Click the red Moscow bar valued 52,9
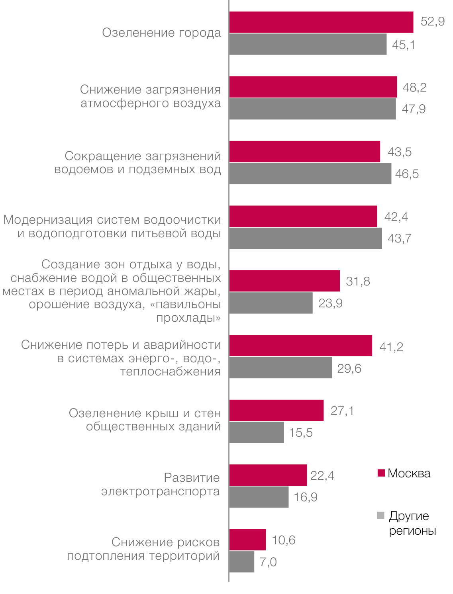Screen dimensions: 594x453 321,22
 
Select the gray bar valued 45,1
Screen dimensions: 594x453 308,44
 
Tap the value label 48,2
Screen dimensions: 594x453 414,87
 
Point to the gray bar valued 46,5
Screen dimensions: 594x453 310,174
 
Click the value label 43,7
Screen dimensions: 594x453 399,238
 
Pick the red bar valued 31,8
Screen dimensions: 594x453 284,281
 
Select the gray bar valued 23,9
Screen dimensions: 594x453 271,303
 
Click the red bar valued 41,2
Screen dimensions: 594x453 300,346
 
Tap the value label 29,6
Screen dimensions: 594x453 349,368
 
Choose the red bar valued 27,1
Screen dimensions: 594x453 277,410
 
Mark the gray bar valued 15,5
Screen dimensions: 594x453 257,432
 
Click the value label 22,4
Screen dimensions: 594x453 322,475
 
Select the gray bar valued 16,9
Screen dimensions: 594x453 259,497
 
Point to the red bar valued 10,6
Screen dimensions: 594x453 247,539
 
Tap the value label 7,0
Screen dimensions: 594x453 268,562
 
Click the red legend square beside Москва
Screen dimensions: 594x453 381,473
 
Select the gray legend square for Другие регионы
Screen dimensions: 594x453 380,516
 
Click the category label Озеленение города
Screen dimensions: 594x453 161,33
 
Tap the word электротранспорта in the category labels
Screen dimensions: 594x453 161,491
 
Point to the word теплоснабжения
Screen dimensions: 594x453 171,371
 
